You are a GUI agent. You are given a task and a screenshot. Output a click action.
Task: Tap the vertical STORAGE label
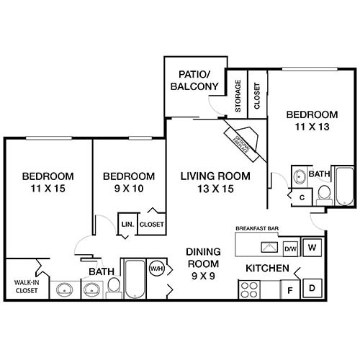click(238, 96)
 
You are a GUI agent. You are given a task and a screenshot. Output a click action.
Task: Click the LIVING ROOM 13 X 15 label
click(215, 183)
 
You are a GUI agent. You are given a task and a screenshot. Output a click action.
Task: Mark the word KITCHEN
click(268, 269)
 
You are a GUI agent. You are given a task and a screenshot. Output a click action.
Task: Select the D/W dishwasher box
click(291, 249)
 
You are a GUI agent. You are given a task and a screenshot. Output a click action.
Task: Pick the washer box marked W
click(312, 248)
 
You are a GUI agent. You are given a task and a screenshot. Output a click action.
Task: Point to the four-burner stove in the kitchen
click(249, 289)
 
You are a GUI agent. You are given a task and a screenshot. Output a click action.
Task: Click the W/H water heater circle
click(157, 269)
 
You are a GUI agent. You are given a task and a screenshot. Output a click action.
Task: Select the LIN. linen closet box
click(127, 223)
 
